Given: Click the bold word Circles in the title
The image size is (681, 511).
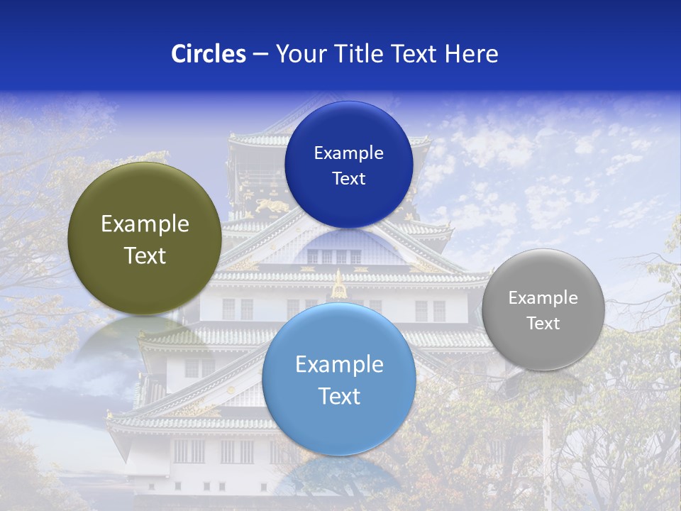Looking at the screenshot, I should tap(208, 54).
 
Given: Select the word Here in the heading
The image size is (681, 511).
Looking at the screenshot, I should tap(471, 54).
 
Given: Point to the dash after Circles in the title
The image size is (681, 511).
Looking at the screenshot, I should tap(260, 55).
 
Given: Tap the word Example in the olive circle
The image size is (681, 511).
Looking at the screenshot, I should tap(145, 224).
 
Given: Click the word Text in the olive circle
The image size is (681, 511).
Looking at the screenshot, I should tap(145, 255).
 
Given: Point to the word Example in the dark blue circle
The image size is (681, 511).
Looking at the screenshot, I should tap(348, 153).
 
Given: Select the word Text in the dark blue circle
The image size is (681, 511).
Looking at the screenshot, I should tap(348, 178).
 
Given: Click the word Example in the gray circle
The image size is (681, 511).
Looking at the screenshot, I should tap(543, 297).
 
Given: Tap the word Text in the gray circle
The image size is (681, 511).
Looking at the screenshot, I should tap(543, 323).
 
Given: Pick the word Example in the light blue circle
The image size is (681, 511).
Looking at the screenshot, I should tap(339, 364).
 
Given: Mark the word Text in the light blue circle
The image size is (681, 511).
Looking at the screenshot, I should tap(339, 395).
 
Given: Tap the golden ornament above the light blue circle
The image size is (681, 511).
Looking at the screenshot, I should tap(339, 286).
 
